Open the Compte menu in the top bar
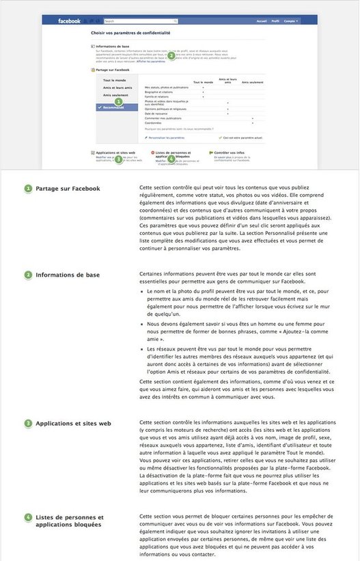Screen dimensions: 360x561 pos(292,22)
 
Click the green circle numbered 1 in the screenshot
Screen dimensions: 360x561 pos(118,101)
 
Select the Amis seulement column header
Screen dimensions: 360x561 pos(252,83)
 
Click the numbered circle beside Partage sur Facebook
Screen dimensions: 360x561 pos(28,189)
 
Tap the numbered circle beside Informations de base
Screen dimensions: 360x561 pos(28,275)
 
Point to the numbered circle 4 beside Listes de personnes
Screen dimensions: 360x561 pos(28,517)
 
